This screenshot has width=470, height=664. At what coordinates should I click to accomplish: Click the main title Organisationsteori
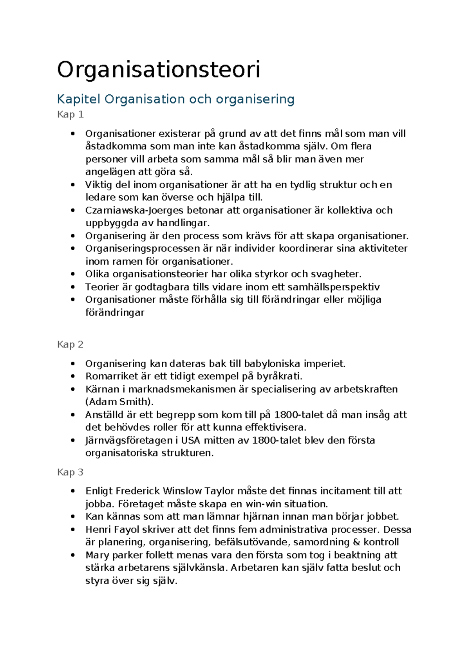(158, 70)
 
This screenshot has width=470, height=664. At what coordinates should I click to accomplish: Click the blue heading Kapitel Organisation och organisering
(175, 99)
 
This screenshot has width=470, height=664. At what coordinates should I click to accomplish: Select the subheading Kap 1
(70, 115)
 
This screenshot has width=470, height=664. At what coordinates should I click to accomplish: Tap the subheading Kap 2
(70, 345)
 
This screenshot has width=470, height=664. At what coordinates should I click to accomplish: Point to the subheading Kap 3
(70, 472)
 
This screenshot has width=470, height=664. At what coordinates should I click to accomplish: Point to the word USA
(190, 440)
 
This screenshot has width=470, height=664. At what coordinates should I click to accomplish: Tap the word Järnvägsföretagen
(127, 440)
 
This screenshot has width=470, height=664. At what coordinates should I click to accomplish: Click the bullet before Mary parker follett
(73, 555)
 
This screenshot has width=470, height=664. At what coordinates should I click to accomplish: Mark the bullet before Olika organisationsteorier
(73, 274)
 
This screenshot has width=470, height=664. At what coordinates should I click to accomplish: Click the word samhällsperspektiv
(334, 287)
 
